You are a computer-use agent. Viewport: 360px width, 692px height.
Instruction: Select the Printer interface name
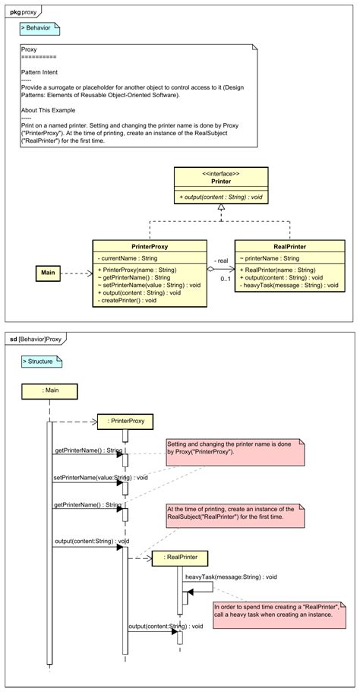coord(220,182)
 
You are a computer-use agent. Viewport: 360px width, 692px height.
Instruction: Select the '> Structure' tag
coord(41,362)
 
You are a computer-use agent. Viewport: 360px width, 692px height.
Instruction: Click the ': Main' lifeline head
coord(49,390)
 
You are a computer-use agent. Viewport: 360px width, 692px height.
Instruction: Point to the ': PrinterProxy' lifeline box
coord(125,420)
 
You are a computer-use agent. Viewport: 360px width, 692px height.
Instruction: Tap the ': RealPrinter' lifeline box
coord(181,558)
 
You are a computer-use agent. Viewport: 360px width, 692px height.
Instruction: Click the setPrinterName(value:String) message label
coord(90,478)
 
